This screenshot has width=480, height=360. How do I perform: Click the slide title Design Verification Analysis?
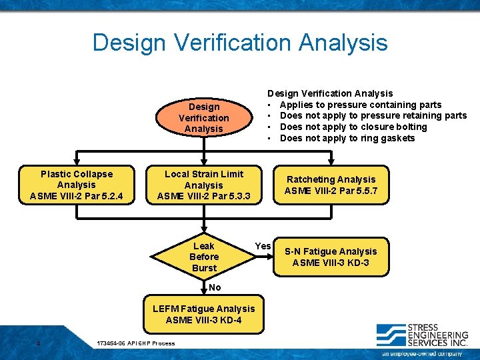point(240,43)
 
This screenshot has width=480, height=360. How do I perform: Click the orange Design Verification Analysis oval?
point(203,117)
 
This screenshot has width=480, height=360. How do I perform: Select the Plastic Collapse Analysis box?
point(77,185)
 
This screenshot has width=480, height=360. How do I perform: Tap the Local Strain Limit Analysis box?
point(204,185)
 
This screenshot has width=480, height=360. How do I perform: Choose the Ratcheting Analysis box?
point(331,185)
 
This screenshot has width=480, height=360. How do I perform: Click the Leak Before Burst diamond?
point(203,257)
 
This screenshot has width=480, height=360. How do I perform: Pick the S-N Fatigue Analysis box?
point(331,257)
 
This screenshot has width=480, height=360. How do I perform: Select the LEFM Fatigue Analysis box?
point(203,314)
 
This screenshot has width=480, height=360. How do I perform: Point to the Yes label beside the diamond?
point(263,246)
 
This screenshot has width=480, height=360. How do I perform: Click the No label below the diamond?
point(215,287)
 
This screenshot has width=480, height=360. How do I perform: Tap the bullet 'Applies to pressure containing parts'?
point(360,105)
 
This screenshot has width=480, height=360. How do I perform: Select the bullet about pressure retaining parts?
point(373,116)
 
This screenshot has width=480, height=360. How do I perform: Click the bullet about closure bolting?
point(353,127)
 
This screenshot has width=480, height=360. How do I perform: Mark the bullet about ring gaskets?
point(347,138)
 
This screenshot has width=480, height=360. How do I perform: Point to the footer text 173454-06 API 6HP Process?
point(135,343)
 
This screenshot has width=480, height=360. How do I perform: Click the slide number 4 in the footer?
point(39,343)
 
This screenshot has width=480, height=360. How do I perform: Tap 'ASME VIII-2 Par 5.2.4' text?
point(77,196)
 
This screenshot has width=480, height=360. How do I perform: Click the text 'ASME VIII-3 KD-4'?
point(203,320)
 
